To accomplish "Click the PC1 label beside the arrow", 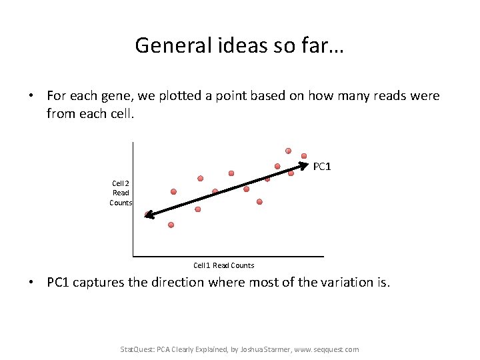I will (x=322, y=166).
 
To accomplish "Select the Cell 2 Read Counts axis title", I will (x=121, y=193).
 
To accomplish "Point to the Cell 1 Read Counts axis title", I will (x=224, y=265).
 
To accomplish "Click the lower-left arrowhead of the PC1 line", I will (x=149, y=215).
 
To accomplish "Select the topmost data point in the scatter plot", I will (x=289, y=151).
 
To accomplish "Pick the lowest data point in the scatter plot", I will (x=171, y=225).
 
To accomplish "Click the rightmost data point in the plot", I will (x=304, y=156).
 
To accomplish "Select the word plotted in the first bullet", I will (x=176, y=96).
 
